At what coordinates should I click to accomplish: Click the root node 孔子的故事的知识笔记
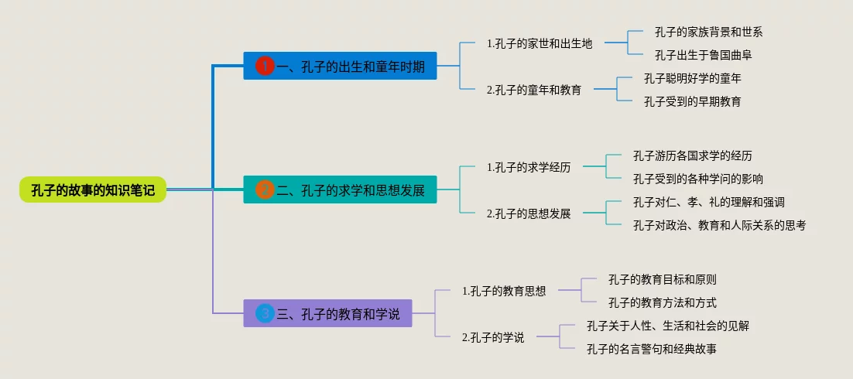click(x=93, y=189)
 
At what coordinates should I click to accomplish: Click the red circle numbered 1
click(x=265, y=67)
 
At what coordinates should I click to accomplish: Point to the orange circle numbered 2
click(x=265, y=189)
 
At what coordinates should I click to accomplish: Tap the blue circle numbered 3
click(x=265, y=313)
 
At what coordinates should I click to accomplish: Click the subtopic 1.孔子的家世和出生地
click(x=540, y=43)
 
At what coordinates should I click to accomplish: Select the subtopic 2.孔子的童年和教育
click(x=533, y=89)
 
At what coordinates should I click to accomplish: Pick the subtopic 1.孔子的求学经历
click(x=529, y=166)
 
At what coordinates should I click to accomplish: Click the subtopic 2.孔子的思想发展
click(x=529, y=213)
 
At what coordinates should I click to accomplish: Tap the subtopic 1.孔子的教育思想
click(x=504, y=291)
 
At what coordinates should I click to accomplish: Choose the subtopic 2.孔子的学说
click(x=493, y=337)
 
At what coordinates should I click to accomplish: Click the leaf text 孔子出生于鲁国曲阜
click(x=704, y=55)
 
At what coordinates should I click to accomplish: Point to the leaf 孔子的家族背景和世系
click(x=708, y=32)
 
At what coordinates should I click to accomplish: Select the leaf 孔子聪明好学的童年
click(x=693, y=78)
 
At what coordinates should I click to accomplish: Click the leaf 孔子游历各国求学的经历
click(x=692, y=155)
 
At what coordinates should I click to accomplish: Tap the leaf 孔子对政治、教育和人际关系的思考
click(x=719, y=225)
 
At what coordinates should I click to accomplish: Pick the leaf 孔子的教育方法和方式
click(x=662, y=302)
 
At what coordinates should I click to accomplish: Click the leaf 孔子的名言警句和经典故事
click(x=651, y=349)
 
